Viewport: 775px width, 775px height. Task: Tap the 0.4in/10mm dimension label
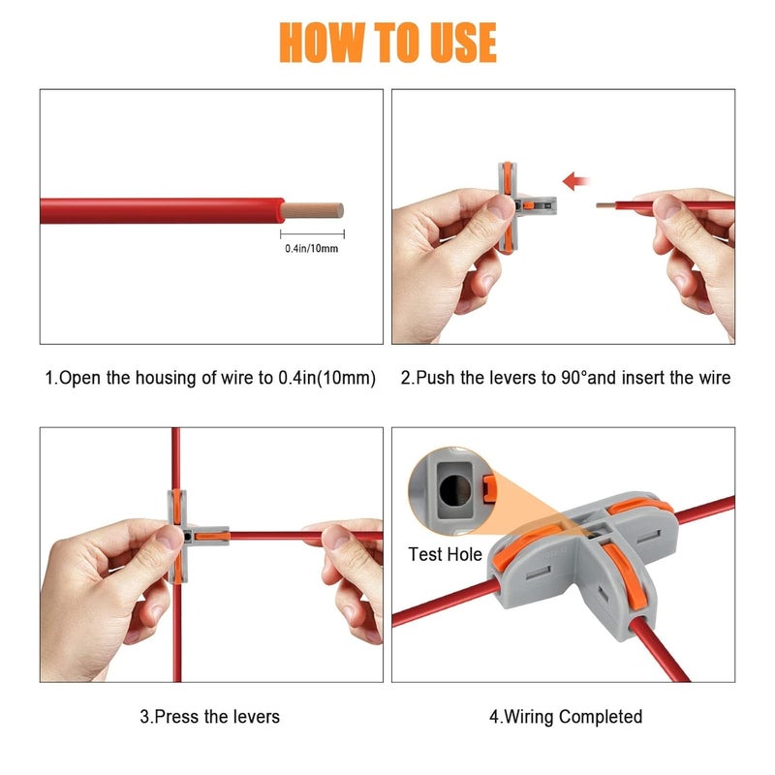[312, 249]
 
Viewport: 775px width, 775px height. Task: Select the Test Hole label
[446, 555]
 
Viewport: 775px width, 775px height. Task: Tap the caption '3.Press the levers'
[210, 717]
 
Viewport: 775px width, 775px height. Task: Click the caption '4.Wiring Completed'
[565, 717]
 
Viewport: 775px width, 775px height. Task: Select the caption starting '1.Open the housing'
[210, 378]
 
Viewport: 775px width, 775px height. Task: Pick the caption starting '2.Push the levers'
[565, 378]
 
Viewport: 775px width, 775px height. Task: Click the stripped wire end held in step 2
[605, 205]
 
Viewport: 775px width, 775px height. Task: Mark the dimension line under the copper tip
[312, 233]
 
